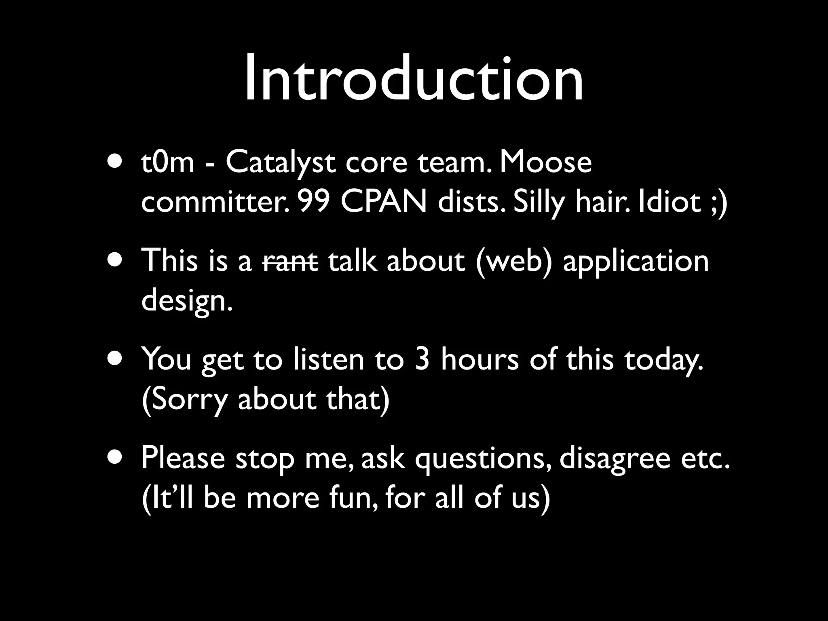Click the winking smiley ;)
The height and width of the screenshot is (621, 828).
coord(718,203)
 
